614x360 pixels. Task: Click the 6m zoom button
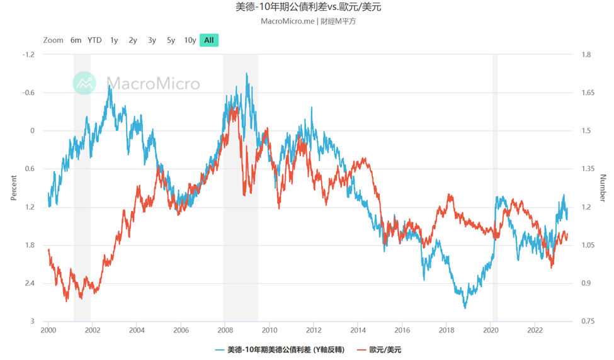[76, 40]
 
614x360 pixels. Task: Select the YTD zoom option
[94, 40]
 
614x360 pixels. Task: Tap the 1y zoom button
[114, 40]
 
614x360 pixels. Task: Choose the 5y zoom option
[171, 40]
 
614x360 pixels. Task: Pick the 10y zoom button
[190, 40]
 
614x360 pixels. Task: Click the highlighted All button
[209, 40]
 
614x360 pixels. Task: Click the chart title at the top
[308, 8]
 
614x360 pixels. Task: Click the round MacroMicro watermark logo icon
[84, 83]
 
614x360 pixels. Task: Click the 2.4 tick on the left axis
[30, 283]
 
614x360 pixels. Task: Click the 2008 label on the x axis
[225, 329]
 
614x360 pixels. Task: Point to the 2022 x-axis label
[535, 329]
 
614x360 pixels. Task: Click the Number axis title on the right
[602, 188]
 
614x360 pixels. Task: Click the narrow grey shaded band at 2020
[495, 189]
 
